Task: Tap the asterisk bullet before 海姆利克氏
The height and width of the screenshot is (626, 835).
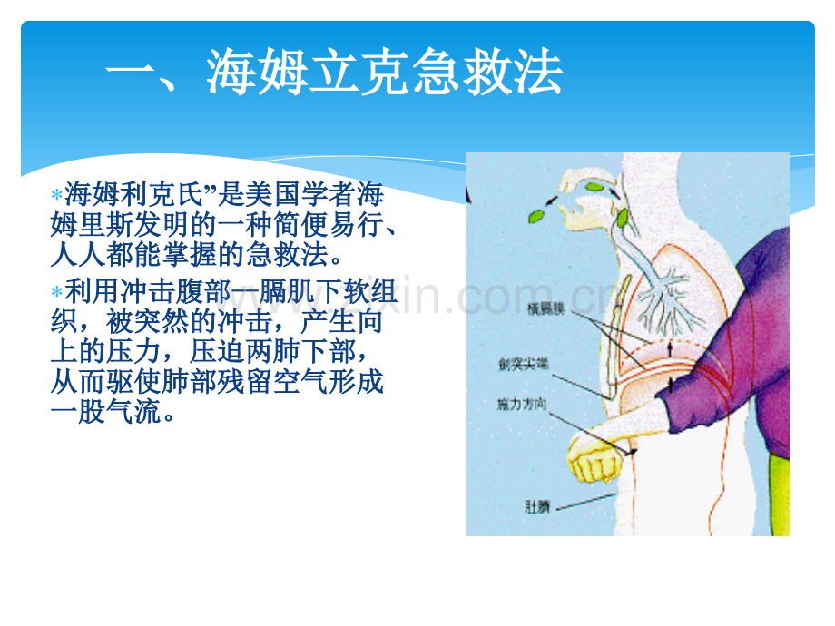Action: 56,196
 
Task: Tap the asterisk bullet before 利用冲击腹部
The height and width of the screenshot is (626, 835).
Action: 56,292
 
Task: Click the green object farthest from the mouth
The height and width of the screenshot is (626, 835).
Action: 535,216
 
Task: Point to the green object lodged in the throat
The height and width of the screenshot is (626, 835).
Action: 624,218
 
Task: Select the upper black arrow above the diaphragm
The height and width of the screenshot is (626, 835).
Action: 671,344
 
